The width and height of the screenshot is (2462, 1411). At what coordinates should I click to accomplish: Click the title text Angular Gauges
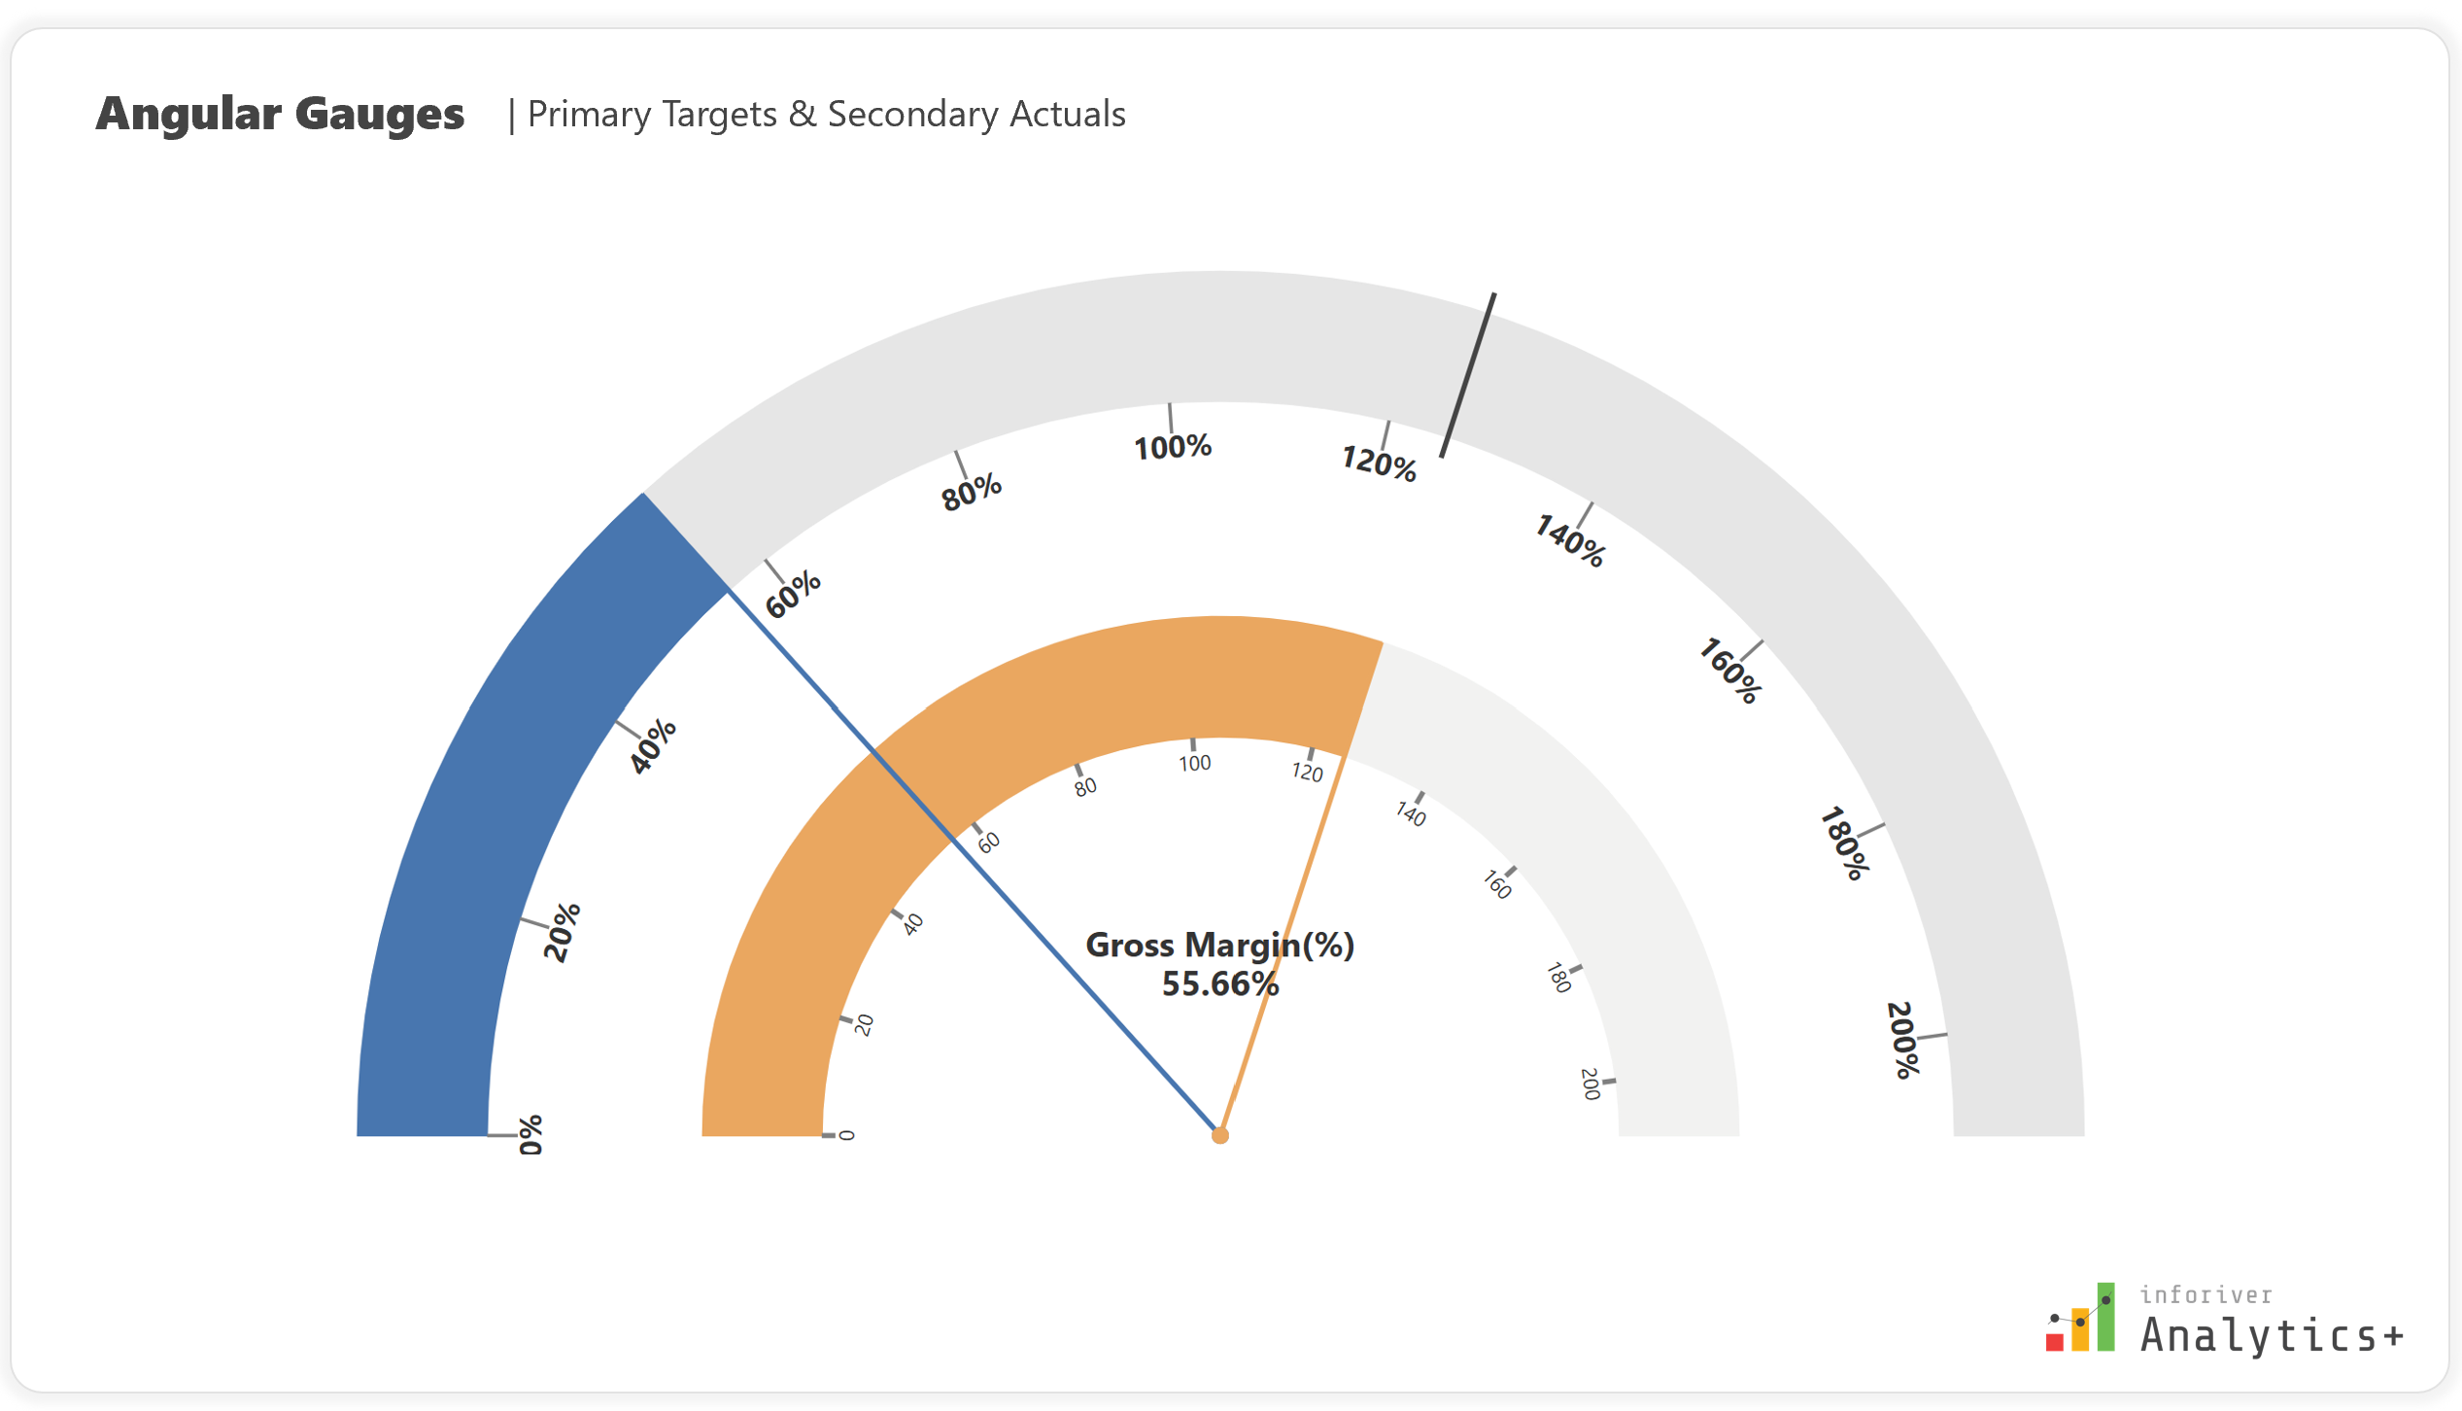[x=280, y=114]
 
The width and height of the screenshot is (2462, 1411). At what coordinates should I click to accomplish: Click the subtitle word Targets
[x=715, y=115]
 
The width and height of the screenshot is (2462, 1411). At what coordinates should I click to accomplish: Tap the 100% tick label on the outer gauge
[x=1173, y=447]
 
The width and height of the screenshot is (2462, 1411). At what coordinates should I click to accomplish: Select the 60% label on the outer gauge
[x=793, y=594]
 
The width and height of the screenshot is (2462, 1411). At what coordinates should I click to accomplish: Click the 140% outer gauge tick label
[x=1569, y=541]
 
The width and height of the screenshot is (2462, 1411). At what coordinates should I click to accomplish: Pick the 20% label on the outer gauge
[x=562, y=932]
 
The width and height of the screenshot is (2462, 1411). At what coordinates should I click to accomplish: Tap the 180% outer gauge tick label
[x=1843, y=843]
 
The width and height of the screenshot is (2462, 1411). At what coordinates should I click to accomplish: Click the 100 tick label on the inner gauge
[x=1195, y=764]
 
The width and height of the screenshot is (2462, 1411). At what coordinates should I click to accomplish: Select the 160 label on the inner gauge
[x=1497, y=884]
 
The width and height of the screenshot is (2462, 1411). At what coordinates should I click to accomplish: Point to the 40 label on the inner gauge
[x=912, y=924]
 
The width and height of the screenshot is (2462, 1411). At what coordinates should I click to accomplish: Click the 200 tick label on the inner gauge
[x=1590, y=1084]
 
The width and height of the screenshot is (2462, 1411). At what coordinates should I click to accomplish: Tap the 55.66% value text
[x=1219, y=984]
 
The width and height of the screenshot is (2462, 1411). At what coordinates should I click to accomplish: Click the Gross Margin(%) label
[x=1219, y=946]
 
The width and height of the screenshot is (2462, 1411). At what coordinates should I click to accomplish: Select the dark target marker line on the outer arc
[x=1468, y=375]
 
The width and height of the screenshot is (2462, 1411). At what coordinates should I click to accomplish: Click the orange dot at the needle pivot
[x=1220, y=1135]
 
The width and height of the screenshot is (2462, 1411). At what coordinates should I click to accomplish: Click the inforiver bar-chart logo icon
[x=2080, y=1319]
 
